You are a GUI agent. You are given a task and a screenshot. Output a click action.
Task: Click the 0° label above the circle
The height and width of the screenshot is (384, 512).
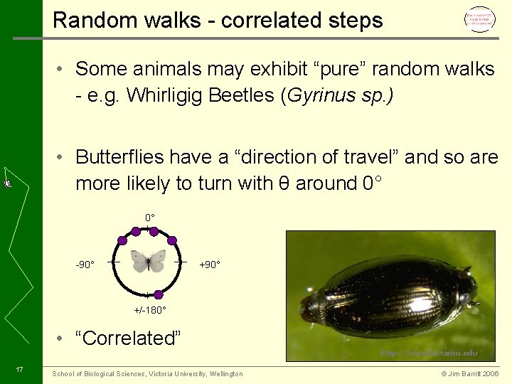tap(150, 217)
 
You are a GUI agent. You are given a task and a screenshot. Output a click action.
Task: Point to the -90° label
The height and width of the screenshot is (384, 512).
tap(85, 265)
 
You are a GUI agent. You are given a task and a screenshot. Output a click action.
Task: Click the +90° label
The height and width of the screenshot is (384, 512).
tap(210, 265)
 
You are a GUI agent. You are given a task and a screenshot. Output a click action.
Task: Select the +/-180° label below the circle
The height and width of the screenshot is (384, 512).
tap(150, 310)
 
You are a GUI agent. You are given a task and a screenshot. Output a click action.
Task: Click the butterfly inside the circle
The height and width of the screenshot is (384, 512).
tap(149, 261)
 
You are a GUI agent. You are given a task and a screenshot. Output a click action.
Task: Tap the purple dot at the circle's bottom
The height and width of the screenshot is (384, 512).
tap(158, 294)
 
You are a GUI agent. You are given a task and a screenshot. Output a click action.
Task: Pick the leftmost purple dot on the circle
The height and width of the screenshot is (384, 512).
tap(123, 241)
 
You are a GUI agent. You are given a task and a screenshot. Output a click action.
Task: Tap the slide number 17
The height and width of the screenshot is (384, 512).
tap(20, 369)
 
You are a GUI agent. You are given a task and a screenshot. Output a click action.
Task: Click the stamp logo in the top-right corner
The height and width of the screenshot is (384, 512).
tap(479, 20)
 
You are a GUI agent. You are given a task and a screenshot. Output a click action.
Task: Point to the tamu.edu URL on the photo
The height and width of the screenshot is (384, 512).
tap(428, 353)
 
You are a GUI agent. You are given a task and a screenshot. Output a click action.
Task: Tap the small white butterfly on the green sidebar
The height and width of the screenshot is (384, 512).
tap(6, 183)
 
